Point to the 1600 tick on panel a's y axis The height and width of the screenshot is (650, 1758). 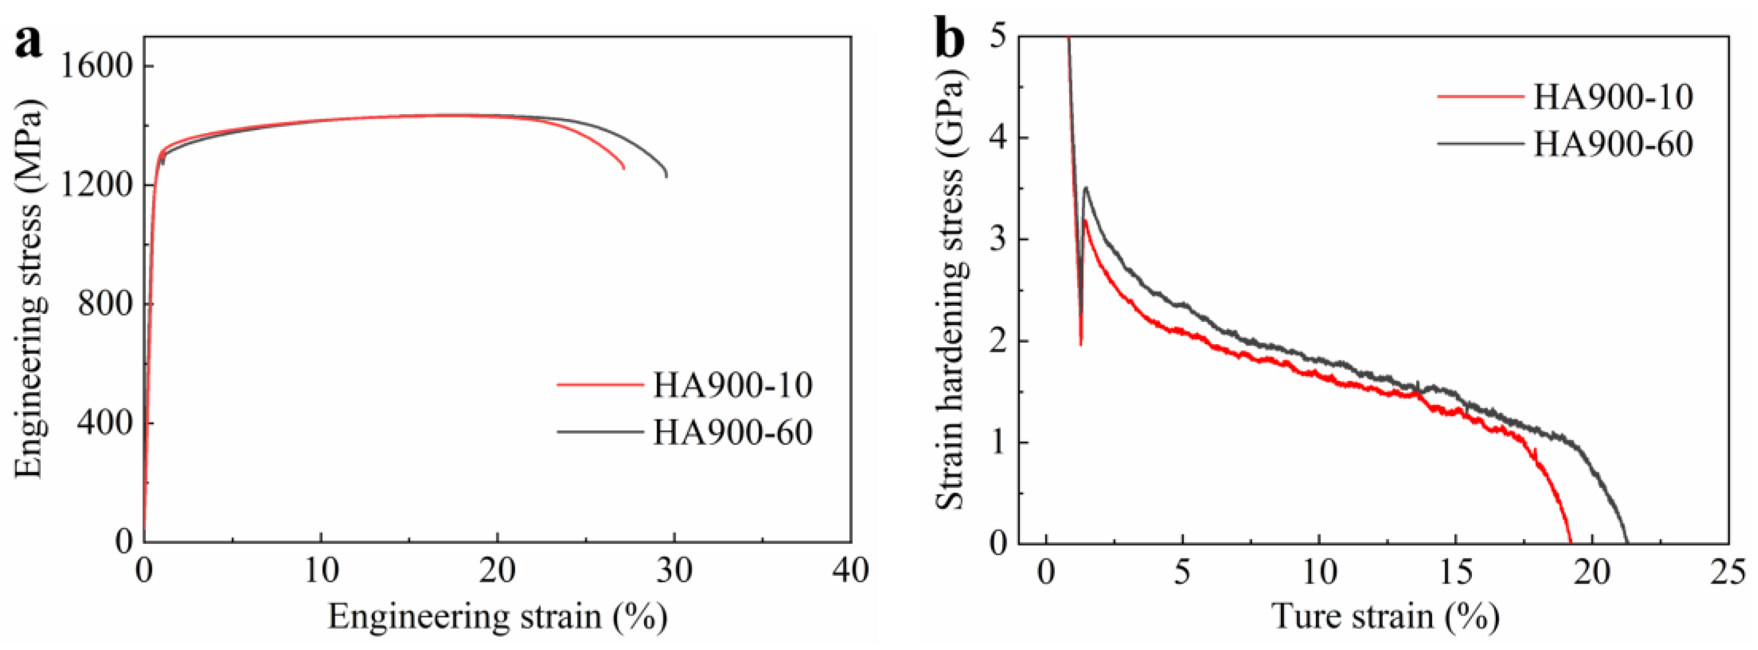(96, 67)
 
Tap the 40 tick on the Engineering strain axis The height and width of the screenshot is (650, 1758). (850, 571)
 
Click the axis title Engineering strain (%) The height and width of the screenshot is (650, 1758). (498, 617)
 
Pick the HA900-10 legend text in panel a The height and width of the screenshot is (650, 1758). (733, 385)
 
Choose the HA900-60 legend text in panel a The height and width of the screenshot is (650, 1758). (733, 432)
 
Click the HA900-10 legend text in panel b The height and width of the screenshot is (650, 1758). (1613, 98)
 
